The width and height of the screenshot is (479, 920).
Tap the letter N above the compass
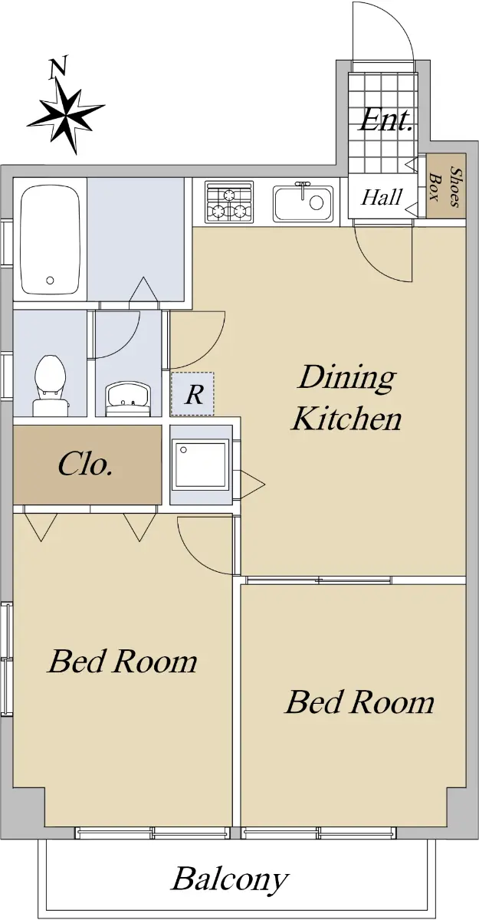(57, 67)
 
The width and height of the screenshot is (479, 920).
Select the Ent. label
(385, 120)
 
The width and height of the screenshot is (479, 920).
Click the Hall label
(382, 197)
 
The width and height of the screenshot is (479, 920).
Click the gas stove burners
(229, 202)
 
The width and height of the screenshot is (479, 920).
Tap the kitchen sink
(303, 201)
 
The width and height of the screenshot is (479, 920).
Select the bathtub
(50, 239)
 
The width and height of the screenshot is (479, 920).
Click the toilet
(51, 385)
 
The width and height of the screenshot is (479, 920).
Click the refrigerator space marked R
(192, 393)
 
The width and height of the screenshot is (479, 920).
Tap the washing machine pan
(200, 464)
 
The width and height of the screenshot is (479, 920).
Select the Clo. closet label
(85, 465)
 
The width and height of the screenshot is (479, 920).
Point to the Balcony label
(230, 880)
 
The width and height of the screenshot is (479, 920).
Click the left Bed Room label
(123, 661)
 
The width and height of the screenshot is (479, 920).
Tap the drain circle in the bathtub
(50, 281)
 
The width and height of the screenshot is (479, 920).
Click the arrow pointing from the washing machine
(251, 485)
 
